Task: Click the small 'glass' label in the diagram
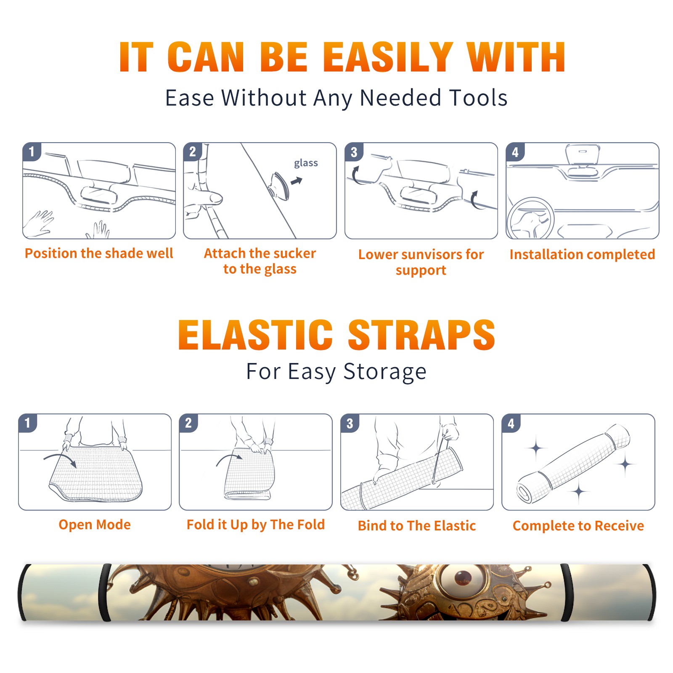point(306,163)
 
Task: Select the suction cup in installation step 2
point(279,185)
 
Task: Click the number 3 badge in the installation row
point(354,152)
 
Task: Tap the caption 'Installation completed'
point(582,254)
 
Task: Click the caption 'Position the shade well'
point(99,253)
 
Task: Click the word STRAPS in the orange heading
point(421,335)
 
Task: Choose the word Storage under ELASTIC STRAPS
point(385,372)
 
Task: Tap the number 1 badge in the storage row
point(28,423)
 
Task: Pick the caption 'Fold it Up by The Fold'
point(256,525)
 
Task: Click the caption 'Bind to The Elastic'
point(417,525)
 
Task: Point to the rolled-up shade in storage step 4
point(573,464)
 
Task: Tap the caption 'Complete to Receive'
point(578,525)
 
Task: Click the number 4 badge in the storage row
point(511,423)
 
